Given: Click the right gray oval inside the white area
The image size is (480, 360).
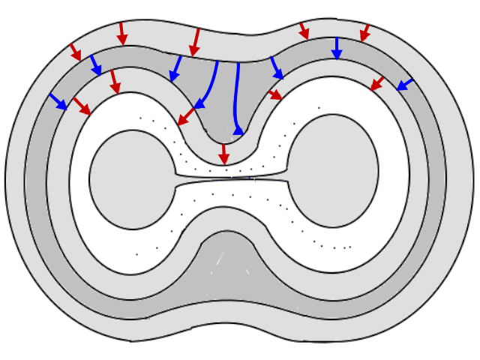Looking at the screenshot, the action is click(333, 170).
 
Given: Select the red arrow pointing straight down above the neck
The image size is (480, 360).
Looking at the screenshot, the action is click(223, 154).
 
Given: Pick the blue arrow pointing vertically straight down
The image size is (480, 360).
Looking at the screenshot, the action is click(336, 48).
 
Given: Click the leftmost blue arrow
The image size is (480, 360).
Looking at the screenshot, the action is click(58, 101).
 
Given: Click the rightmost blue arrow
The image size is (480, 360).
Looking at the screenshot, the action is click(404, 84).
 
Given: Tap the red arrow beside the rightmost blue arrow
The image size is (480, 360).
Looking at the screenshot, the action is click(377, 83).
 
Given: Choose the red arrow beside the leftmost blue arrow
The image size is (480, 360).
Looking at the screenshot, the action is click(81, 106).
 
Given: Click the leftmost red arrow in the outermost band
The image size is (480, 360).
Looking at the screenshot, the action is click(75, 52).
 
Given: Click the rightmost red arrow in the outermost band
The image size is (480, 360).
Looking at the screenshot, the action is click(365, 33).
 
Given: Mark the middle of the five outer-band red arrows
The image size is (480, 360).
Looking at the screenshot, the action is click(196, 42).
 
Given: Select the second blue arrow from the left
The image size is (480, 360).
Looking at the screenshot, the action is click(96, 64).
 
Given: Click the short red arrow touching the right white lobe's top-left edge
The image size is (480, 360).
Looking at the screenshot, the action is click(275, 94).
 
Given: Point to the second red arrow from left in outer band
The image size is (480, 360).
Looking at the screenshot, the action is click(121, 33).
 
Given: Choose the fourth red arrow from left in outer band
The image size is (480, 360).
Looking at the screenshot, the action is click(304, 31).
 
